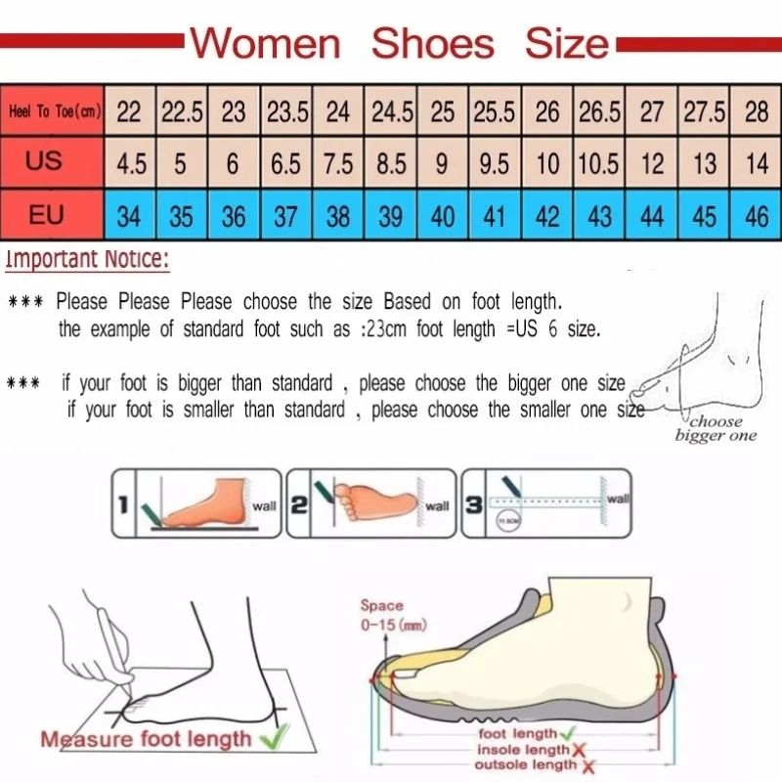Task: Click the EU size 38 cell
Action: coord(337,215)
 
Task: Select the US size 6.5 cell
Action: coord(285,163)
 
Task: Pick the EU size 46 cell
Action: coord(756,215)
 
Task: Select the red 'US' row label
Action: coord(45,161)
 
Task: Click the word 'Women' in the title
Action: coord(264,44)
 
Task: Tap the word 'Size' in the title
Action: coord(567,44)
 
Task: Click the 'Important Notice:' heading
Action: coord(87,260)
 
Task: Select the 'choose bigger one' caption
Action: coord(716,428)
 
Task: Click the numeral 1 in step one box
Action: coord(123,504)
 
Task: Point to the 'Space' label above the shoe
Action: coord(380,606)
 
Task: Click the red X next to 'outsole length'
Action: coord(587,765)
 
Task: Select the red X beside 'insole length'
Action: coord(580,750)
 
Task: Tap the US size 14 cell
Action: coord(756,163)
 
